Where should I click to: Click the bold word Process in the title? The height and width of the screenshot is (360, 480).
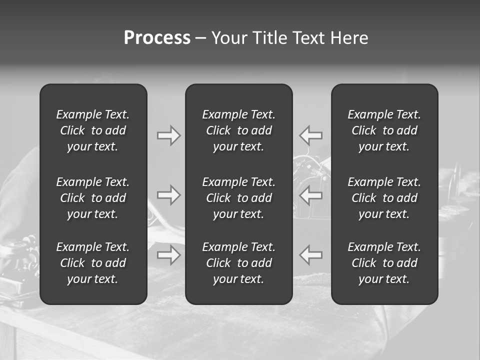point(157,38)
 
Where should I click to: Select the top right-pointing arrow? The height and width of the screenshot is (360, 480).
point(168,135)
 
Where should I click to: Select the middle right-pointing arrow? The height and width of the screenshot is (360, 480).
point(168,195)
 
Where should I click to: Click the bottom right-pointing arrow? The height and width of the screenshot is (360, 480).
point(168,255)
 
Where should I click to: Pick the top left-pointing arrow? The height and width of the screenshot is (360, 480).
point(311,135)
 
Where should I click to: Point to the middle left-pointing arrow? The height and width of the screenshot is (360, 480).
point(311,195)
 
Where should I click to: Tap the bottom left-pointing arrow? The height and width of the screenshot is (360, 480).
point(311,255)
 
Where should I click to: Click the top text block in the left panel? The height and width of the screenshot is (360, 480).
point(93,130)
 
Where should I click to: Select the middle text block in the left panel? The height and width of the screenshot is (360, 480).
point(93,198)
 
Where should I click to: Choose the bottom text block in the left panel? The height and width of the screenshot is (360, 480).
point(93,263)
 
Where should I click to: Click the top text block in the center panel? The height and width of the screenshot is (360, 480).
point(238,130)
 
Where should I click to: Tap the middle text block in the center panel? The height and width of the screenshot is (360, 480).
point(238,198)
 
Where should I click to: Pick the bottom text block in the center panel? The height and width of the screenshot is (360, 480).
point(238,263)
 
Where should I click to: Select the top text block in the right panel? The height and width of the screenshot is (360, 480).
point(384,130)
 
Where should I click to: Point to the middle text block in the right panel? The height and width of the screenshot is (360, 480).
point(384,198)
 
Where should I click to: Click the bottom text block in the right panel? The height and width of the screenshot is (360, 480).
point(384,263)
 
